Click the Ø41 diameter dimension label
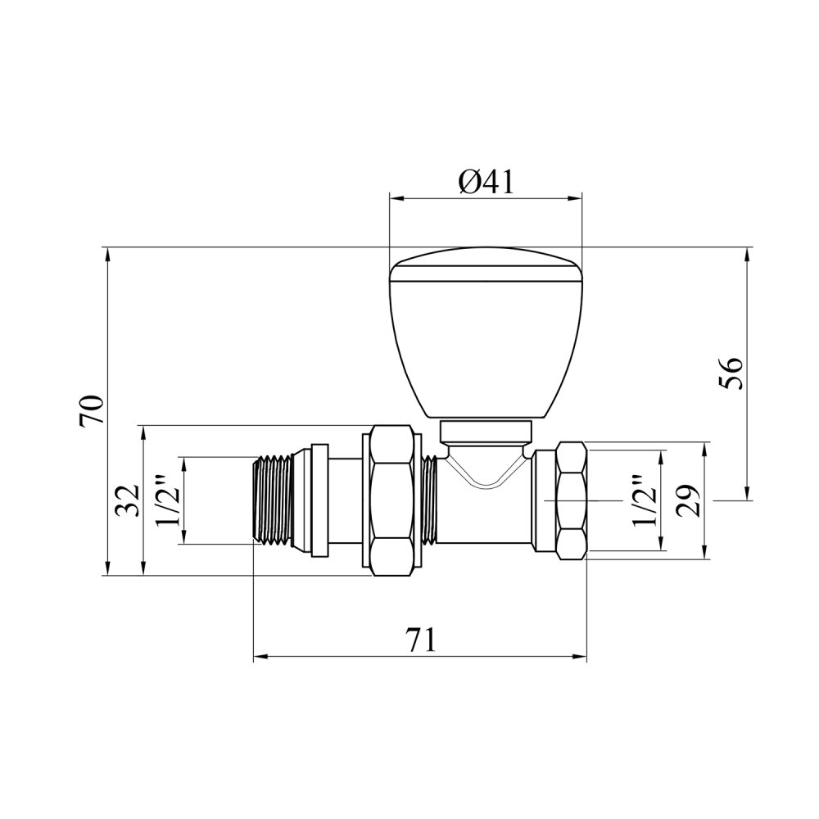tap(486, 183)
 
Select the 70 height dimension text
tap(92, 412)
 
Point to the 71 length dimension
tap(422, 640)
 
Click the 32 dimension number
tap(129, 500)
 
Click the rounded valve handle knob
tap(486, 333)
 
